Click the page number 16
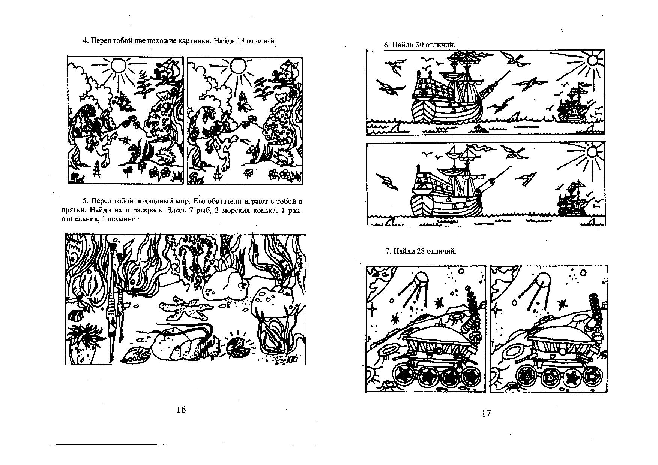[181, 410]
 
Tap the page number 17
[486, 414]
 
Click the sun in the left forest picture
[119, 66]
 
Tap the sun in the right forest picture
[237, 66]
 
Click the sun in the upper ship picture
[593, 60]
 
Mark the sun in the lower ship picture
[592, 152]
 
